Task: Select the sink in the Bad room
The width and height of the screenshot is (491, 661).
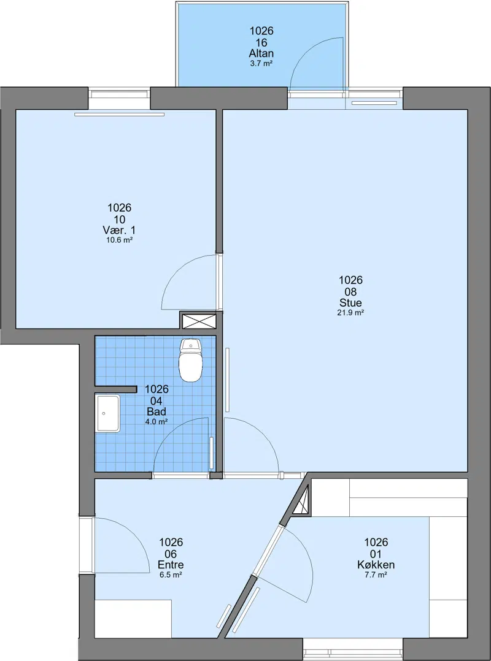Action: pyautogui.click(x=107, y=413)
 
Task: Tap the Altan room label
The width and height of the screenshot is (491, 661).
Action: pyautogui.click(x=261, y=53)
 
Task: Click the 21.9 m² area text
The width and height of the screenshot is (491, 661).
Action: pyautogui.click(x=350, y=313)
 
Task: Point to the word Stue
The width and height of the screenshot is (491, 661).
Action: pyautogui.click(x=350, y=303)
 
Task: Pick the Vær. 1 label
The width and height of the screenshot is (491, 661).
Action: pyautogui.click(x=120, y=230)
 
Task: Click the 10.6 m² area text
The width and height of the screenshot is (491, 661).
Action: pyautogui.click(x=120, y=240)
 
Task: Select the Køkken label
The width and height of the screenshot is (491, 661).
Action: pyautogui.click(x=376, y=565)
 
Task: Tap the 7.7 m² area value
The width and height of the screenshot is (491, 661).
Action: pyautogui.click(x=376, y=575)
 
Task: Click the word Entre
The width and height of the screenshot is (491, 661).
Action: pyautogui.click(x=171, y=565)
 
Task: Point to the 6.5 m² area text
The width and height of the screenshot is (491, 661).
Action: pyautogui.click(x=171, y=575)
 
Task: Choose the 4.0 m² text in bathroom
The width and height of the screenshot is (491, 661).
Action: pyautogui.click(x=157, y=422)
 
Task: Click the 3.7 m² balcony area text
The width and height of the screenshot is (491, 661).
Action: pyautogui.click(x=261, y=64)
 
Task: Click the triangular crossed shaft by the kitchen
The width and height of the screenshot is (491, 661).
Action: pyautogui.click(x=303, y=501)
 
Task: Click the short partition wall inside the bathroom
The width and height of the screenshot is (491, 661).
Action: pyautogui.click(x=115, y=389)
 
